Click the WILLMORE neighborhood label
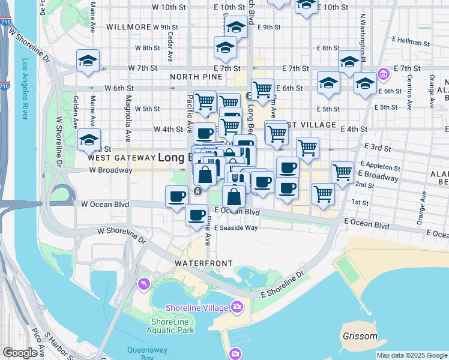[x=128, y=27]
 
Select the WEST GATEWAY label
[x=121, y=158]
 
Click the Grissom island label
[x=360, y=337]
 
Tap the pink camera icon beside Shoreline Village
[x=238, y=307]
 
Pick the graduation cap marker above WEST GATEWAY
[x=89, y=140]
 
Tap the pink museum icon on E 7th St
[x=382, y=75]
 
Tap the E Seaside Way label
[x=236, y=227]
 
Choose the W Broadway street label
[x=110, y=170]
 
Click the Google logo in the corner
[x=20, y=353]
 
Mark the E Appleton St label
[x=381, y=167]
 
